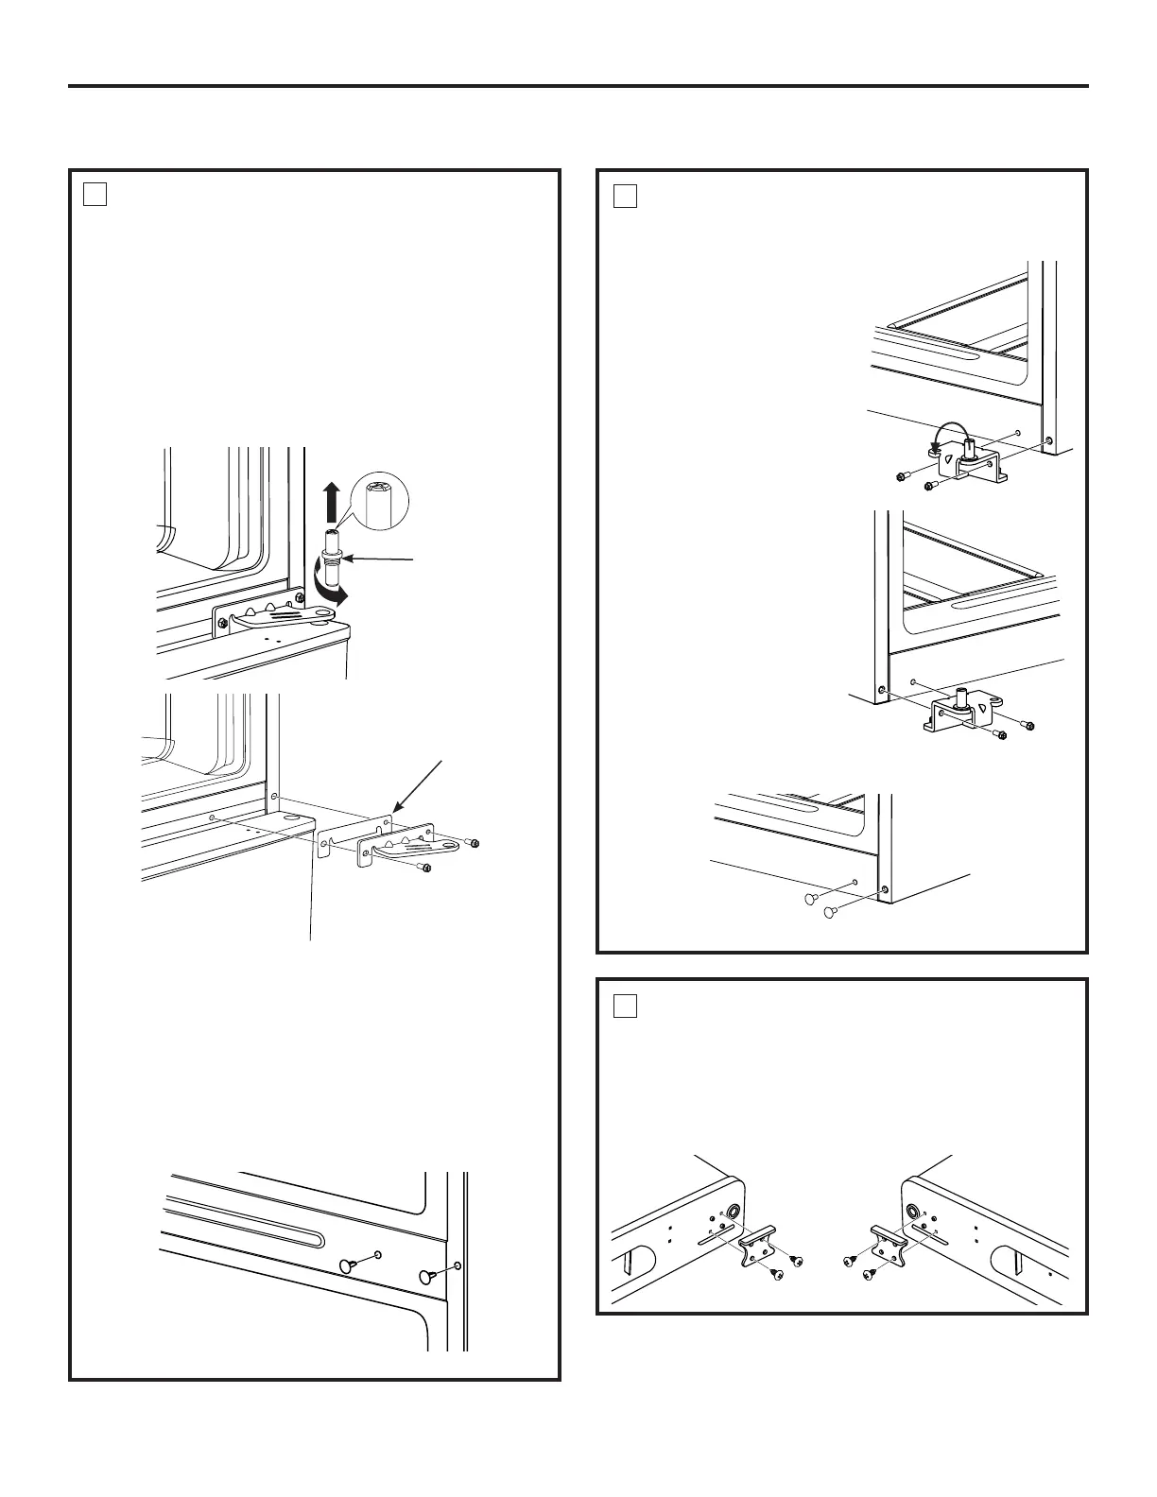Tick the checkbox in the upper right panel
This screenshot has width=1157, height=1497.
624,195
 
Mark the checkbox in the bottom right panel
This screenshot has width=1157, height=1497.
624,1005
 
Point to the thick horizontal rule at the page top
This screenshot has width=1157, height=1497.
578,87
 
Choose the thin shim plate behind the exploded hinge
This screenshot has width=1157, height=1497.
354,829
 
